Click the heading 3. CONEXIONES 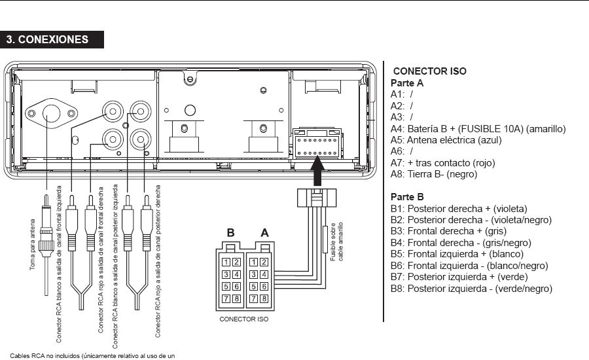(48, 39)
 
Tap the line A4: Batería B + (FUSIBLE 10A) (478, 129)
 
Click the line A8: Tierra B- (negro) (434, 174)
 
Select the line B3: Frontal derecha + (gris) (448, 231)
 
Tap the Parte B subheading (407, 196)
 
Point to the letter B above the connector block (230, 232)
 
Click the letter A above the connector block (264, 232)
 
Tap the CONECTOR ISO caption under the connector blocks (244, 319)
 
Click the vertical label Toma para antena (33, 245)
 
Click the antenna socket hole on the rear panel (51, 115)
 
